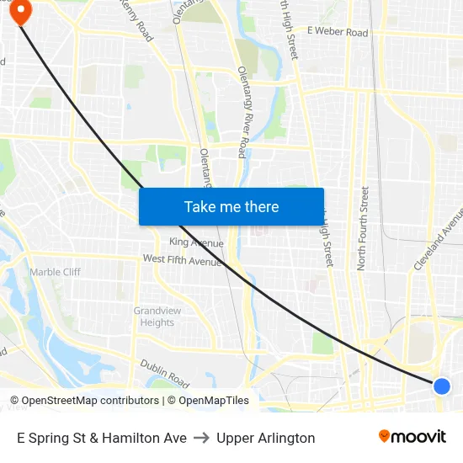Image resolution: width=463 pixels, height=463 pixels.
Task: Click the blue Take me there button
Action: pos(231,206)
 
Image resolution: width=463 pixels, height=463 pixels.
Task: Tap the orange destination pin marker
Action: pos(19,10)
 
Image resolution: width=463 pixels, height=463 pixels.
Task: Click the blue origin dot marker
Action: pos(442,386)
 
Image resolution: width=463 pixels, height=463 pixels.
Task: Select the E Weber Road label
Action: pos(338,32)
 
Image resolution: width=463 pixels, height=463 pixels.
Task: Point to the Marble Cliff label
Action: pos(56,272)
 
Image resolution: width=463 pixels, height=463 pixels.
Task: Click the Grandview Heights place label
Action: pos(157,317)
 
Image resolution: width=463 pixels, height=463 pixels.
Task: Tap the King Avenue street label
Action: pos(196,242)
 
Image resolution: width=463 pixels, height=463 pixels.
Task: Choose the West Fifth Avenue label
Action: pos(182,260)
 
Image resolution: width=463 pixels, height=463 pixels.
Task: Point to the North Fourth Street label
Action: pos(364,227)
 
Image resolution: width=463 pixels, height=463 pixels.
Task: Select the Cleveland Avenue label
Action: pos(438,240)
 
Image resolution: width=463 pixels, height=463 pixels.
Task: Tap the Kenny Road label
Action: pos(136,20)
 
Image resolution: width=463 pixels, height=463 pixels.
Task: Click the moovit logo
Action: pos(412,436)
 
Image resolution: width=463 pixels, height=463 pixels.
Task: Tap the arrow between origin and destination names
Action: pos(201,438)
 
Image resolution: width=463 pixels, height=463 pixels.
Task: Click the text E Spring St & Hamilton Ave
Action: pos(101,438)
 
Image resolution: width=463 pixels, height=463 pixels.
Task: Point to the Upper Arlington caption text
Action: pos(265,438)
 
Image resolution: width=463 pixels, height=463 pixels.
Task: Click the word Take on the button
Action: pos(200,206)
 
